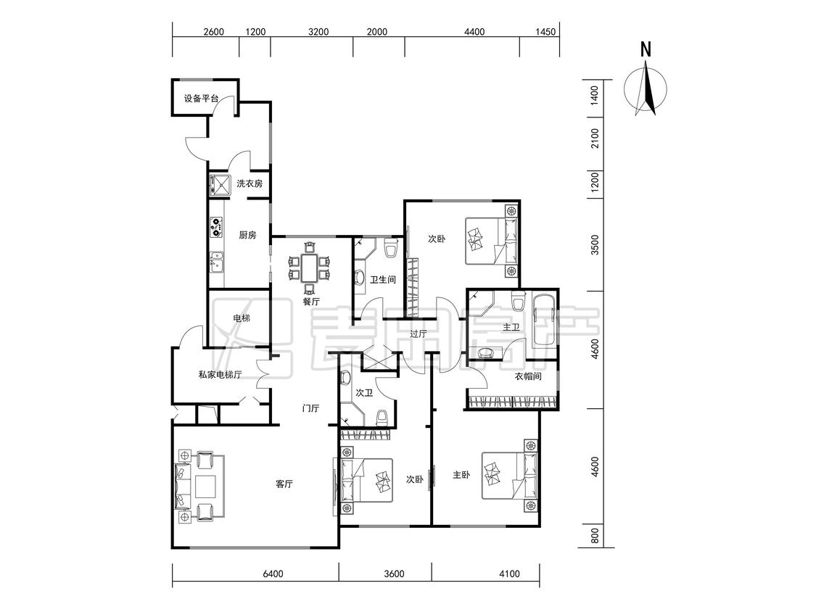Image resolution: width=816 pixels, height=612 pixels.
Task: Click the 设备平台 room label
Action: pyautogui.click(x=202, y=98)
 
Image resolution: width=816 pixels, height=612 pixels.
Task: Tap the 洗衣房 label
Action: pyautogui.click(x=250, y=183)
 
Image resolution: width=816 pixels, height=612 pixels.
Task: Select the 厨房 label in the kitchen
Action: pyautogui.click(x=247, y=235)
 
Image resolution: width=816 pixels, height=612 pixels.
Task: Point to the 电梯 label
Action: pyautogui.click(x=241, y=318)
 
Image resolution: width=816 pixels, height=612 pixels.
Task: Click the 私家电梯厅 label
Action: pyautogui.click(x=220, y=374)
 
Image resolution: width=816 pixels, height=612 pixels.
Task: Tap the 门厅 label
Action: pyautogui.click(x=310, y=408)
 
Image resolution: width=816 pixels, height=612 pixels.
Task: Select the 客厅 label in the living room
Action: pyautogui.click(x=284, y=484)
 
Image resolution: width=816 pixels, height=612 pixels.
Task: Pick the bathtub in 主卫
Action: pyautogui.click(x=544, y=321)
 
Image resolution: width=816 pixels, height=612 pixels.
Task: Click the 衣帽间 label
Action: pyautogui.click(x=528, y=376)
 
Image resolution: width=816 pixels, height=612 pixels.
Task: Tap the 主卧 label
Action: pyautogui.click(x=461, y=475)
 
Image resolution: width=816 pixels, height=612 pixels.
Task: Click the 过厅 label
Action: pyautogui.click(x=418, y=334)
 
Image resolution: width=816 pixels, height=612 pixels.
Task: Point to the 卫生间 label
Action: pyautogui.click(x=382, y=279)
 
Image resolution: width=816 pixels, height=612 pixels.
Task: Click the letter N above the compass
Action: pyautogui.click(x=646, y=50)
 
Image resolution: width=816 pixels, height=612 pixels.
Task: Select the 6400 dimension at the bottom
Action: pyautogui.click(x=273, y=574)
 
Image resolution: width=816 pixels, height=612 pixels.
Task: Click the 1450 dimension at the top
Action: pyautogui.click(x=545, y=32)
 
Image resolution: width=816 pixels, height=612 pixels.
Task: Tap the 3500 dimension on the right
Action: pyautogui.click(x=595, y=244)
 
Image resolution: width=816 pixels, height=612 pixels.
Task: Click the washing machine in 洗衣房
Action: pyautogui.click(x=220, y=185)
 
